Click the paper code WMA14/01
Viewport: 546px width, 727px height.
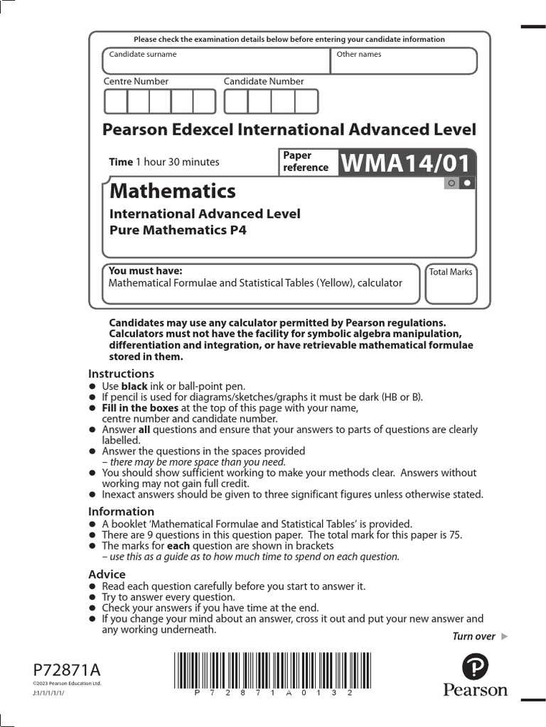click(406, 163)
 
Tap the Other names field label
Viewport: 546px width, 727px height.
click(359, 54)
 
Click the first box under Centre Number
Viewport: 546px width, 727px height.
click(116, 102)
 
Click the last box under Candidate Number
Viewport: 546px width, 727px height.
click(306, 102)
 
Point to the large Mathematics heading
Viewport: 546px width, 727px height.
click(172, 191)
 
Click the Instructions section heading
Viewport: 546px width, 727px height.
click(121, 373)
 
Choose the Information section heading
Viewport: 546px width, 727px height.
click(121, 511)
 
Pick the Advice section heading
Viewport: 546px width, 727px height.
click(107, 574)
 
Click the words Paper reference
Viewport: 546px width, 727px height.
click(306, 162)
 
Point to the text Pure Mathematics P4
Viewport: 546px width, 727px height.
click(178, 230)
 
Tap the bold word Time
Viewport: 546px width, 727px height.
click(121, 162)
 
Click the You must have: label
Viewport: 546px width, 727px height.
click(145, 270)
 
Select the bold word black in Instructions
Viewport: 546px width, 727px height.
click(134, 386)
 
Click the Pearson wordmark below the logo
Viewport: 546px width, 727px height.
click(476, 690)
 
